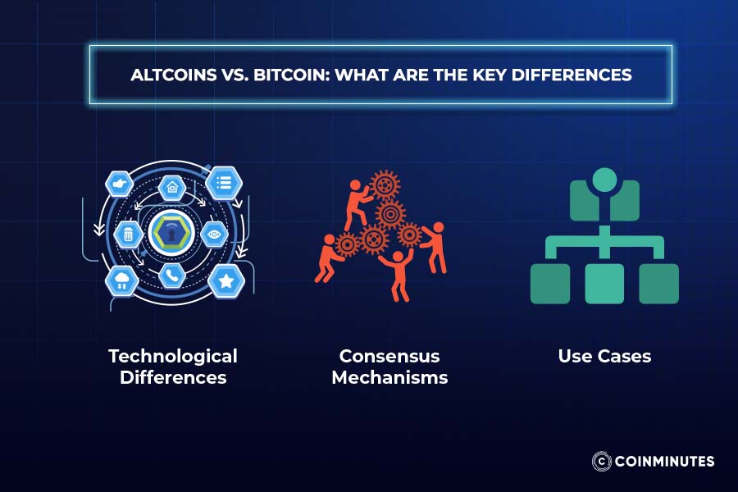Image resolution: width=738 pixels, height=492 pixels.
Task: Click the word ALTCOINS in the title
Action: pyautogui.click(x=173, y=75)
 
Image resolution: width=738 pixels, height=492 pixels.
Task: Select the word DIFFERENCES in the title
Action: pyautogui.click(x=572, y=75)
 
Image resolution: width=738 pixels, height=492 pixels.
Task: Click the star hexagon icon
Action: pyautogui.click(x=226, y=281)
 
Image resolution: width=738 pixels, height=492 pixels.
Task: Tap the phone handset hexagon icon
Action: pyautogui.click(x=172, y=276)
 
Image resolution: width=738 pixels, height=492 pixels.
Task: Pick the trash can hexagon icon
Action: pyautogui.click(x=129, y=234)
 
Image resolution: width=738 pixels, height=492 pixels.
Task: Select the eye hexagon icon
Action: pyautogui.click(x=214, y=234)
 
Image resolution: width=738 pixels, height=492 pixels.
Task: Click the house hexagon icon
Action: pyautogui.click(x=172, y=188)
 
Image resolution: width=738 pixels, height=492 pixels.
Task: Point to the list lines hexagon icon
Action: pyautogui.click(x=224, y=183)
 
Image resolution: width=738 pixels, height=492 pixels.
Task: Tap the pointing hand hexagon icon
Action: pyautogui.click(x=120, y=184)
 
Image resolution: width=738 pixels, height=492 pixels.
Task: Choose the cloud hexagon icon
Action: pyautogui.click(x=122, y=281)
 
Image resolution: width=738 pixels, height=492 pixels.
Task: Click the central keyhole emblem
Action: pyautogui.click(x=171, y=233)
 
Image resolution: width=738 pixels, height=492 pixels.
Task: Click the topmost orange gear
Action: pyautogui.click(x=385, y=185)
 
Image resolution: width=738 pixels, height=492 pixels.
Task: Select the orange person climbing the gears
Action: pyautogui.click(x=357, y=204)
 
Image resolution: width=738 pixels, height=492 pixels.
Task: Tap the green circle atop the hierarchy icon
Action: pyautogui.click(x=605, y=180)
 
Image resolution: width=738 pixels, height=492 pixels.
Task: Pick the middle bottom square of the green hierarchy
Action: pyautogui.click(x=604, y=284)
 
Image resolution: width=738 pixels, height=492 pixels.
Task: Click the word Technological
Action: pyautogui.click(x=173, y=356)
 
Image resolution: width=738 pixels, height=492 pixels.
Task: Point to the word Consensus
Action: pyautogui.click(x=389, y=356)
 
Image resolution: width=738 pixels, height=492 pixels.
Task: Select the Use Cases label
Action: pyautogui.click(x=604, y=356)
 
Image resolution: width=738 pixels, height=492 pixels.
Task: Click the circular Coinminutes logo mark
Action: pyautogui.click(x=602, y=461)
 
